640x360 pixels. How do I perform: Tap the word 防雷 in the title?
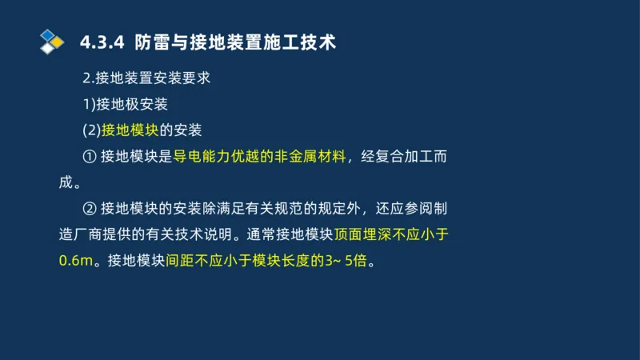152,42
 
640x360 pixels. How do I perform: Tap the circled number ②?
89,209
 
